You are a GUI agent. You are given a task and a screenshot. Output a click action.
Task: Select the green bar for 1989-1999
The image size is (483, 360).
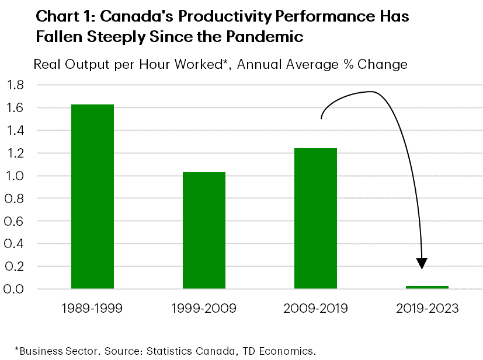[92, 197]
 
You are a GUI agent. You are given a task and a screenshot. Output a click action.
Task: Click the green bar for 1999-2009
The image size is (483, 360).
[204, 230]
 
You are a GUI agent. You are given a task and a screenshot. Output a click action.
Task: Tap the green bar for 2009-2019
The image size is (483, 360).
[315, 218]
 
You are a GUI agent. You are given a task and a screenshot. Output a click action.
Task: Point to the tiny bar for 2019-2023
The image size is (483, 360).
[427, 287]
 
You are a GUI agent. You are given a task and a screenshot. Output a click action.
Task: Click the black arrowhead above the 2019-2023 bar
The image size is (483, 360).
[422, 263]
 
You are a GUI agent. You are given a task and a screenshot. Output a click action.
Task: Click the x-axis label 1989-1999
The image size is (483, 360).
[92, 308]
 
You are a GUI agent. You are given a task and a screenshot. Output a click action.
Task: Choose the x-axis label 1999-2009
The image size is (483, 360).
[204, 308]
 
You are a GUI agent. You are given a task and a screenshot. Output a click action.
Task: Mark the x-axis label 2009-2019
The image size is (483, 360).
[315, 308]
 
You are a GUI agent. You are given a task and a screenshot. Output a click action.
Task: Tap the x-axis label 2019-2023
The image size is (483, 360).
[427, 308]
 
